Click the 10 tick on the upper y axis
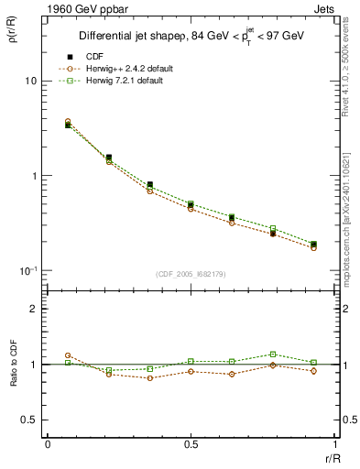(x=30, y=81)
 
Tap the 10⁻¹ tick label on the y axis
(x=27, y=270)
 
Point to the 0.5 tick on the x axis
(x=191, y=446)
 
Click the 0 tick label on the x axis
(x=48, y=446)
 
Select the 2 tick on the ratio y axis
(x=33, y=309)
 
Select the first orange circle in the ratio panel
(x=68, y=355)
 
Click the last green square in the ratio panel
(x=313, y=362)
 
